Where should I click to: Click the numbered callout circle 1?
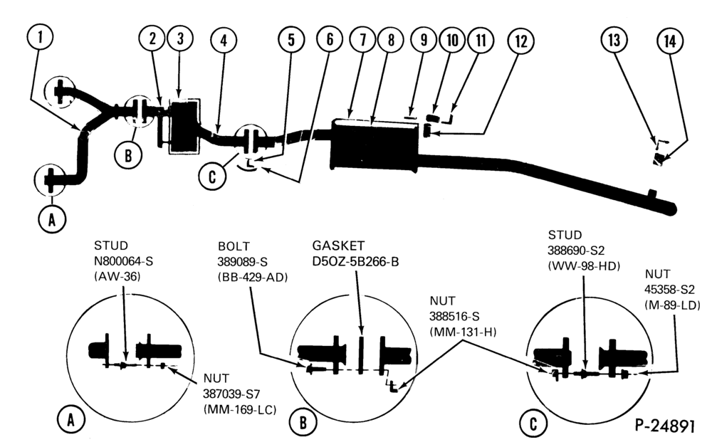point(40,37)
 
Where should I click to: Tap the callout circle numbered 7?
point(362,40)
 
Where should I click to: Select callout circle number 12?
point(521,41)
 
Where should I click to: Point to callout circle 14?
point(670,41)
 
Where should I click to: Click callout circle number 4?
point(224,41)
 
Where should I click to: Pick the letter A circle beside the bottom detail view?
point(70,421)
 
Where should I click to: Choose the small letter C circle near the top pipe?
point(212,176)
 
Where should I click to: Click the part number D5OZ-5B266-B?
point(355,262)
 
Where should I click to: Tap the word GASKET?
point(338,246)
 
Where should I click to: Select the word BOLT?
point(234,246)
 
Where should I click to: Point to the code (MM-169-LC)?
point(240,409)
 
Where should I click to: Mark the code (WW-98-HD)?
point(584,265)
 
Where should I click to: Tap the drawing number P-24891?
point(665,426)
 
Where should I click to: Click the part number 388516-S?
point(454,316)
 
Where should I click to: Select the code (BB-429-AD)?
point(253,277)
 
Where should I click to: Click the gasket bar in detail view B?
point(361,355)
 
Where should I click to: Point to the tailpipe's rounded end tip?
point(673,209)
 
